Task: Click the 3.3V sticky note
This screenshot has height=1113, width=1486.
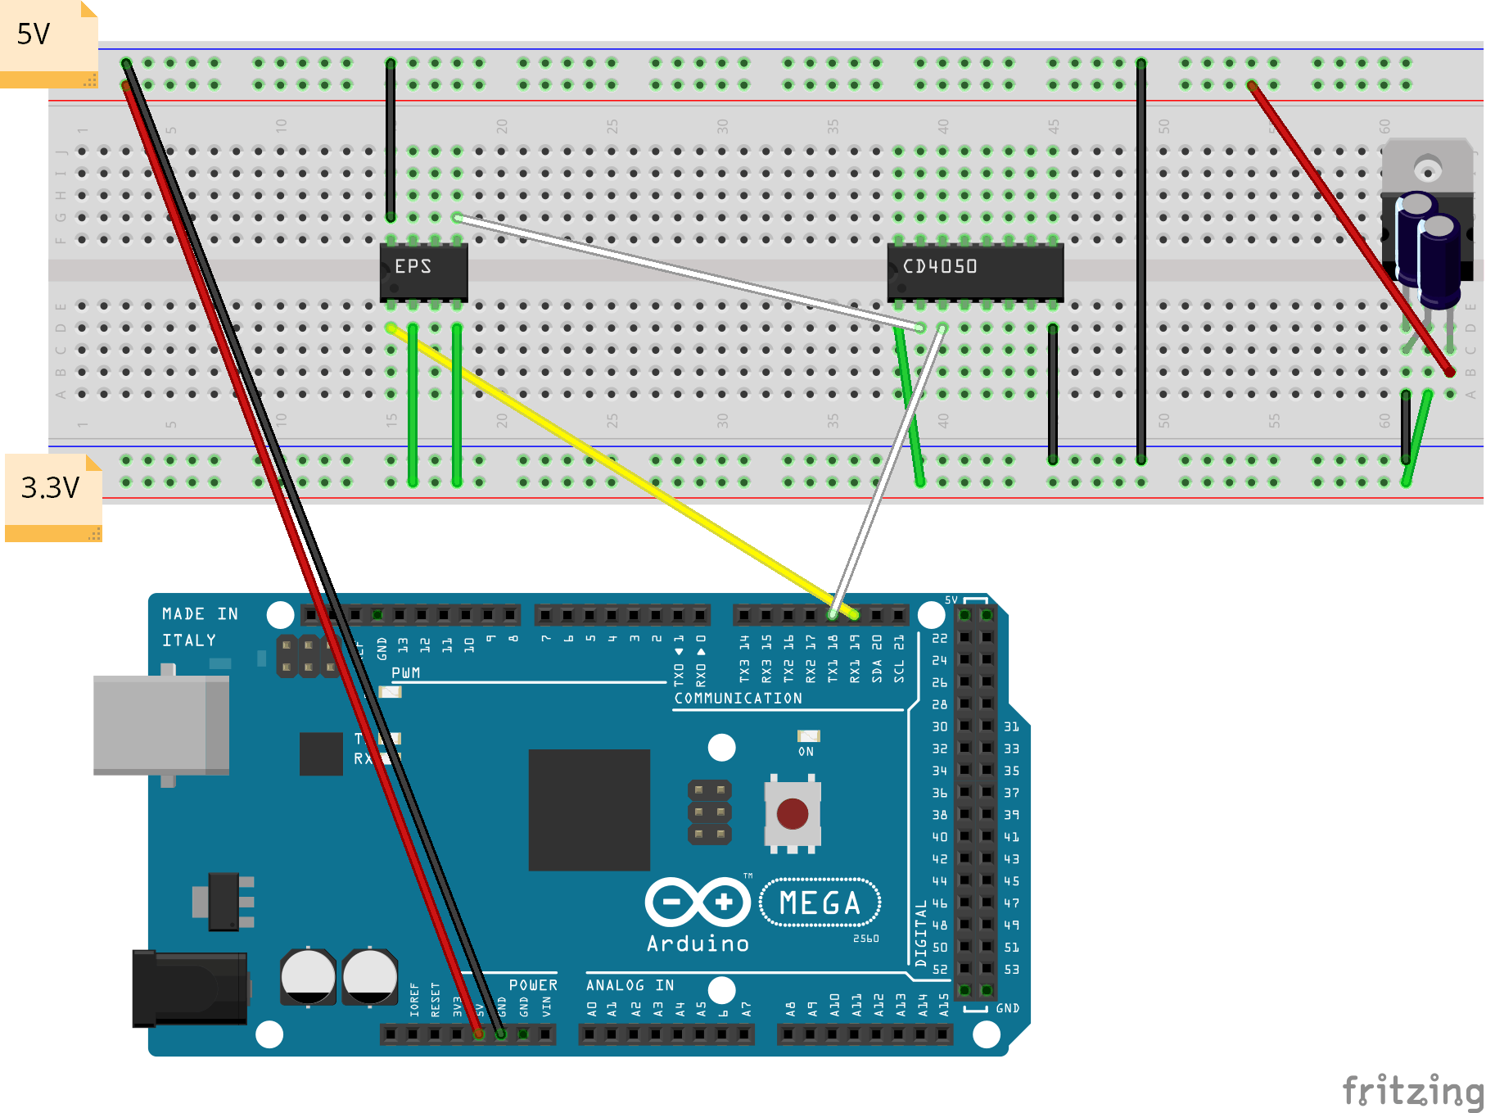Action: point(52,494)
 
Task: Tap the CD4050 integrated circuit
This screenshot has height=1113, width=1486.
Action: point(974,269)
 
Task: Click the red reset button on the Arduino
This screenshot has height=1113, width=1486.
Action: point(792,814)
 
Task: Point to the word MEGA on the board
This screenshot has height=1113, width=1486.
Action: point(820,903)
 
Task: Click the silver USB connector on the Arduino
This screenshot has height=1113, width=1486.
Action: point(160,725)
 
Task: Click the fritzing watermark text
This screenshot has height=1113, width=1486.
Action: point(1412,1091)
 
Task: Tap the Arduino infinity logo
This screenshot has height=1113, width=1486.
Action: point(698,903)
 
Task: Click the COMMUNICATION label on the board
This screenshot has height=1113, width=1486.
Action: point(738,699)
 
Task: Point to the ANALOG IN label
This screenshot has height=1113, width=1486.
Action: point(630,985)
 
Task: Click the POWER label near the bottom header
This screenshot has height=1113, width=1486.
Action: point(533,985)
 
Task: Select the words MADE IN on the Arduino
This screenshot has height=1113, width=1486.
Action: point(200,614)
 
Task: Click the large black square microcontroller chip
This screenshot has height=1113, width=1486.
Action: point(589,809)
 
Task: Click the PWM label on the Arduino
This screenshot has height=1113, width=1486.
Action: point(405,673)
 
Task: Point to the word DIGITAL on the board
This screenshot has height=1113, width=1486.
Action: point(921,934)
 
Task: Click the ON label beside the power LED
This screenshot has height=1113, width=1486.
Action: point(806,752)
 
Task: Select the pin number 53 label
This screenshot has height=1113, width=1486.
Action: point(1012,970)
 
